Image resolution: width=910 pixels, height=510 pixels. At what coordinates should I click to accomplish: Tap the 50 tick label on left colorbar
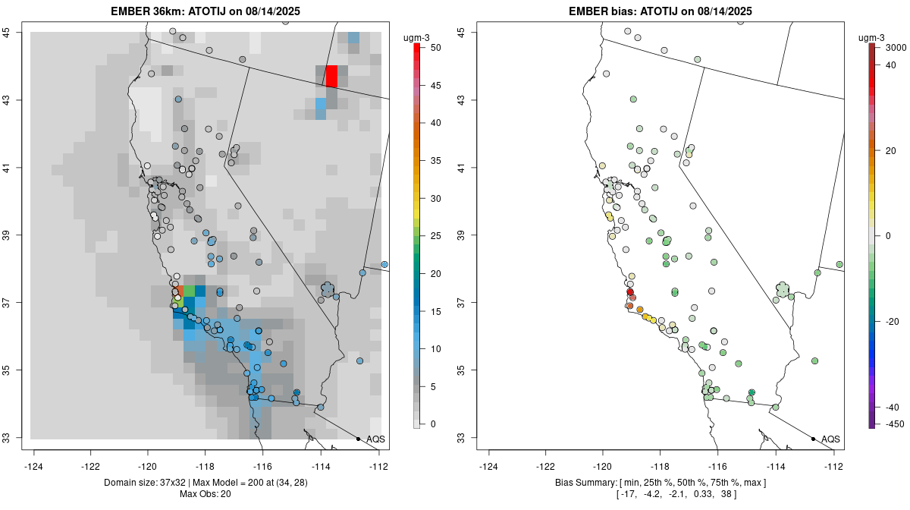435,47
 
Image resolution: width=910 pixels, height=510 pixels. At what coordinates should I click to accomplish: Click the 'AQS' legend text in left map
375,439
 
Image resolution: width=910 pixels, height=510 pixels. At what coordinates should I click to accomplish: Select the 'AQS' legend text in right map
830,439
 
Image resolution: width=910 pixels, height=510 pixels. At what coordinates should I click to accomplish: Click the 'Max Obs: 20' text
206,495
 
